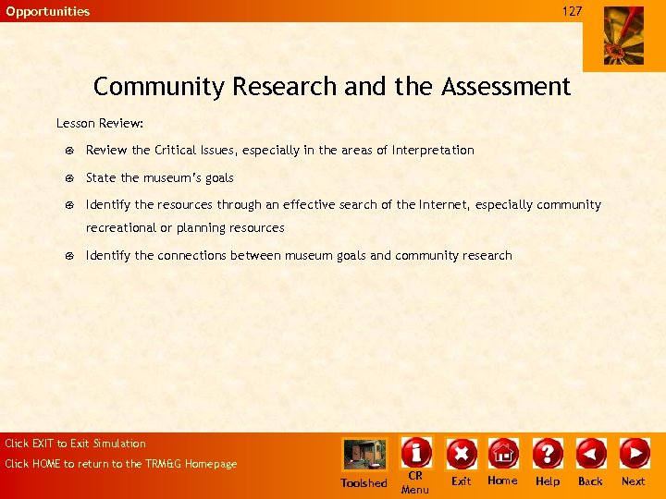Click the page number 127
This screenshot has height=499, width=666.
pyautogui.click(x=573, y=11)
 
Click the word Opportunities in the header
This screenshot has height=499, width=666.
pyautogui.click(x=48, y=11)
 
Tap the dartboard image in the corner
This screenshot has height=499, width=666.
pyautogui.click(x=623, y=35)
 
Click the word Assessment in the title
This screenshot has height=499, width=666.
pyautogui.click(x=506, y=87)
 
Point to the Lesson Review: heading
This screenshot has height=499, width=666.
pyautogui.click(x=100, y=123)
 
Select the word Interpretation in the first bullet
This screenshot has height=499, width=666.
pyautogui.click(x=433, y=150)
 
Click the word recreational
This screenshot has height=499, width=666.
pyautogui.click(x=121, y=227)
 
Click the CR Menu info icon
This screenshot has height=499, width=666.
pyautogui.click(x=416, y=453)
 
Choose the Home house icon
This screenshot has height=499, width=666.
pyautogui.click(x=503, y=453)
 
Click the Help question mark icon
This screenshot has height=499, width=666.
pyautogui.click(x=548, y=453)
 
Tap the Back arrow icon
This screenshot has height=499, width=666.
pyautogui.click(x=590, y=453)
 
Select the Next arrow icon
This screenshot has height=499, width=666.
pyautogui.click(x=634, y=453)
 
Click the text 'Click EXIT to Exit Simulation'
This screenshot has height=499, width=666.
pyautogui.click(x=76, y=444)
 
